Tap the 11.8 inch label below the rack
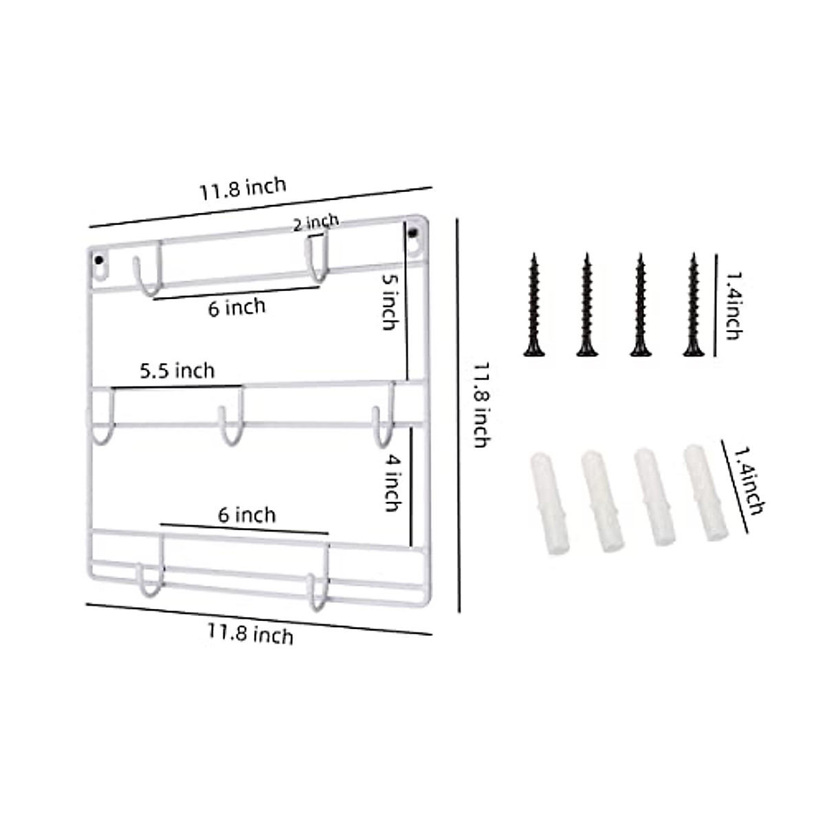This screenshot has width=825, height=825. (x=250, y=633)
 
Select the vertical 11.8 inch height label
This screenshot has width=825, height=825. (x=481, y=405)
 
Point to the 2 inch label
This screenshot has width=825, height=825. (x=316, y=223)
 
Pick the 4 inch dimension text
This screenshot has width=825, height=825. (x=391, y=485)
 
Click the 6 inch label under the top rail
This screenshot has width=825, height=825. (x=236, y=307)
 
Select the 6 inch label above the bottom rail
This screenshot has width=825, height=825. (x=247, y=514)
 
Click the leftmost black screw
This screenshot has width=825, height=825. (x=533, y=305)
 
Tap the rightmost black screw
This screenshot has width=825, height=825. (x=693, y=305)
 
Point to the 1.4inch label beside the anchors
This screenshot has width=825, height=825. (x=748, y=481)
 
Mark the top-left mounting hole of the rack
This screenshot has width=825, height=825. (x=100, y=262)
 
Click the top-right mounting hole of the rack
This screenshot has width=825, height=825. (x=414, y=234)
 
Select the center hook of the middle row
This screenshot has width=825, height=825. (x=230, y=426)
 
